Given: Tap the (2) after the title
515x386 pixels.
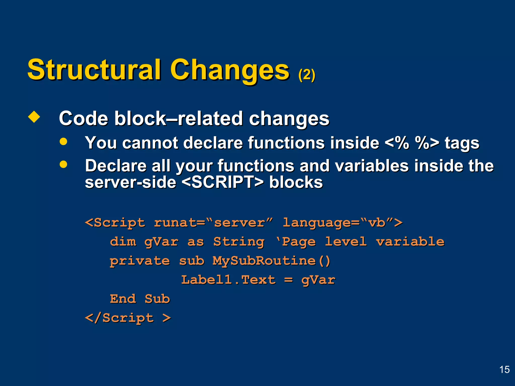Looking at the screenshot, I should click(307, 75).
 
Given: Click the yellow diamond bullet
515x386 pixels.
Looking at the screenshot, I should click(34, 117).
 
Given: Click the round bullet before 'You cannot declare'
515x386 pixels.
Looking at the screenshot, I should click(63, 141).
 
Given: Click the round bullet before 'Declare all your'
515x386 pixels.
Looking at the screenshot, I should click(63, 164).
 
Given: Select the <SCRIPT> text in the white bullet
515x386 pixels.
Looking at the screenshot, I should click(223, 182).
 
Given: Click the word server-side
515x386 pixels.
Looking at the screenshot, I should click(131, 182).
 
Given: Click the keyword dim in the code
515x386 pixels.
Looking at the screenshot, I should click(123, 242).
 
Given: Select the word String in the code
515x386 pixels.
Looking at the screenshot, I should click(239, 242).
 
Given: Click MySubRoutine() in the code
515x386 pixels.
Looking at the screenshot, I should click(271, 261).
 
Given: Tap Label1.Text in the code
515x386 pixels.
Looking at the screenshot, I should click(228, 280).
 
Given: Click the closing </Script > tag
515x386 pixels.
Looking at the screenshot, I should click(128, 318).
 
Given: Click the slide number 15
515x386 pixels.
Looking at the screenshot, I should click(504, 370).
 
